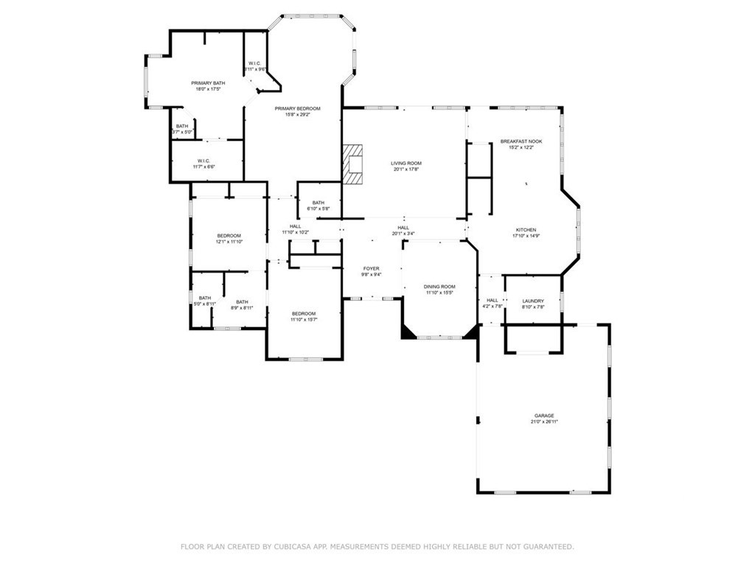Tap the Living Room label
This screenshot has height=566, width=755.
(406, 163)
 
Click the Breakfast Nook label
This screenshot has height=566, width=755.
(521, 141)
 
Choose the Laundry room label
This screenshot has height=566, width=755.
(532, 301)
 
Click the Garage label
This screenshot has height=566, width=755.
(544, 416)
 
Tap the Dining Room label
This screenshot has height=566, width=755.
(439, 287)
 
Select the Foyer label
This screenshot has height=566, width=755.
(371, 268)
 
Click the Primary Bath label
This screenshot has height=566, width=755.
(208, 83)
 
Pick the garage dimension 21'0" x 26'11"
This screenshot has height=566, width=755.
(544, 422)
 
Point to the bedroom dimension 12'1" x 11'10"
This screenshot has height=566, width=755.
(229, 242)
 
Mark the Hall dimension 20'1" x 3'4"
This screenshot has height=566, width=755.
(403, 234)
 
